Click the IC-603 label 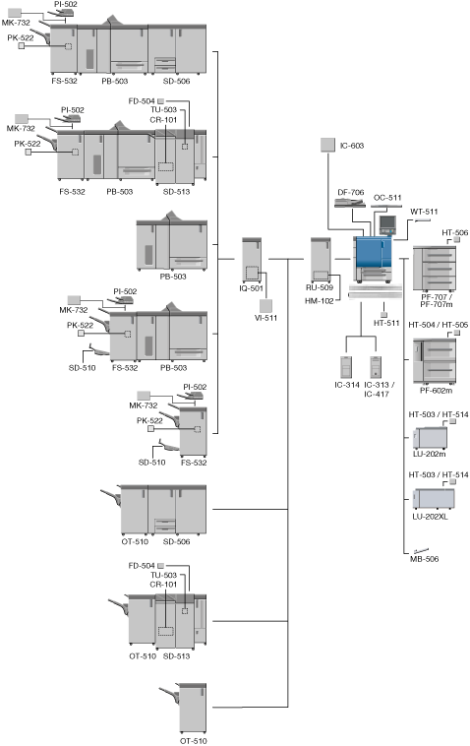352,146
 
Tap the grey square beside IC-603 327,145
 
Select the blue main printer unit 373,258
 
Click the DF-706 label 351,192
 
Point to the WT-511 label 424,212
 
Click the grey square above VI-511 266,306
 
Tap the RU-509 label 320,287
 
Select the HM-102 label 320,301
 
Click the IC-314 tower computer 346,367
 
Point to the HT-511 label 386,323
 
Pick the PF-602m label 436,391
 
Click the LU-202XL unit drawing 434,498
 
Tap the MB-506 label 425,559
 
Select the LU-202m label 429,454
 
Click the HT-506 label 455,232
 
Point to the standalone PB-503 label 173,277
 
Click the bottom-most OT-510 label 194,741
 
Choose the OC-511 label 387,198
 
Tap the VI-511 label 265,318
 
